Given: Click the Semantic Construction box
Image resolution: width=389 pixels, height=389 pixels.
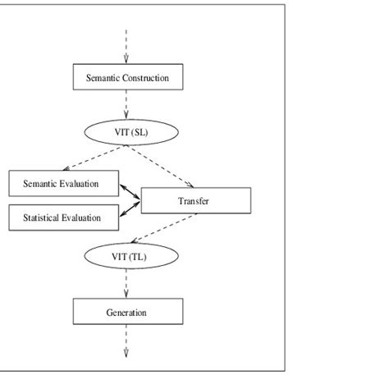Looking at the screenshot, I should [x=127, y=77].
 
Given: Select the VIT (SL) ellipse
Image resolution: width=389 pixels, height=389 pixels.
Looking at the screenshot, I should [x=127, y=130].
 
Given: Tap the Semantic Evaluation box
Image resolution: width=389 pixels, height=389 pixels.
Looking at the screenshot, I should [x=63, y=183].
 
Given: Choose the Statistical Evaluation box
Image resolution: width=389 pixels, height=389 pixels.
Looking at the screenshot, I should [x=63, y=217].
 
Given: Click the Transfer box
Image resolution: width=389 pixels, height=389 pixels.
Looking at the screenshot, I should [x=195, y=200].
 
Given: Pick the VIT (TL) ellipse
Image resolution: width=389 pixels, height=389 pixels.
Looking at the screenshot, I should [x=127, y=257].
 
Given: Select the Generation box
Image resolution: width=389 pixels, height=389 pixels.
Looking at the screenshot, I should [x=127, y=313].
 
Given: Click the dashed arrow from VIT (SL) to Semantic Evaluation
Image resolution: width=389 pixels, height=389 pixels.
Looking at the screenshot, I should [x=91, y=158].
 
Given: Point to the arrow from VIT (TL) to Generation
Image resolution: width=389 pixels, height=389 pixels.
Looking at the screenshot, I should [x=127, y=284].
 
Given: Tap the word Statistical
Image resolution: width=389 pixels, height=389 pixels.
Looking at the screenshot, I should [x=40, y=217].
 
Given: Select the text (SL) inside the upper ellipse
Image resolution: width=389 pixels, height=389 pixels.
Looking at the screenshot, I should [x=140, y=130].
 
